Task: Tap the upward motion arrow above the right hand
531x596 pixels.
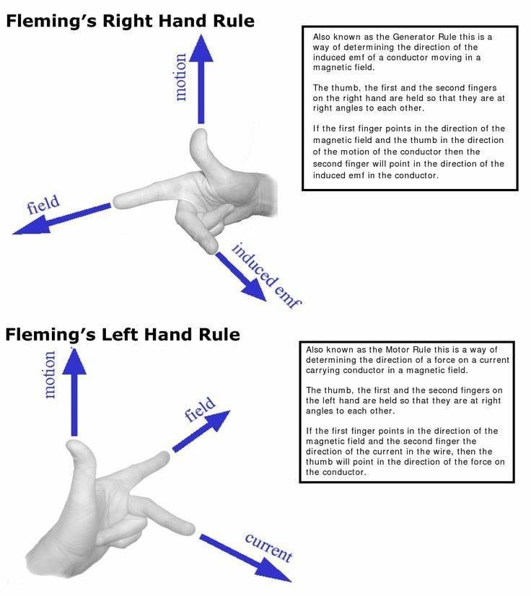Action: click(201, 79)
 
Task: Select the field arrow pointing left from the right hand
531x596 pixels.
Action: click(62, 219)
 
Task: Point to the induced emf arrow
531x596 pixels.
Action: click(240, 276)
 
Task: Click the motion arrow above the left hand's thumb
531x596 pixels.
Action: click(74, 392)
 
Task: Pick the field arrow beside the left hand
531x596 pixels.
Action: click(201, 431)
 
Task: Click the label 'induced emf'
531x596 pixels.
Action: click(266, 276)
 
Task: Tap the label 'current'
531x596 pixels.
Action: click(268, 548)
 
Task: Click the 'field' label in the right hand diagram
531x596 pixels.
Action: click(43, 204)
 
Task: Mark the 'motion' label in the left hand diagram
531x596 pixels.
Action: click(50, 374)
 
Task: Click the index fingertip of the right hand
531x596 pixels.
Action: click(117, 202)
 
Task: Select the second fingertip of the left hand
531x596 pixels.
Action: click(190, 530)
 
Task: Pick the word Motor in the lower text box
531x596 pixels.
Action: click(398, 350)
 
